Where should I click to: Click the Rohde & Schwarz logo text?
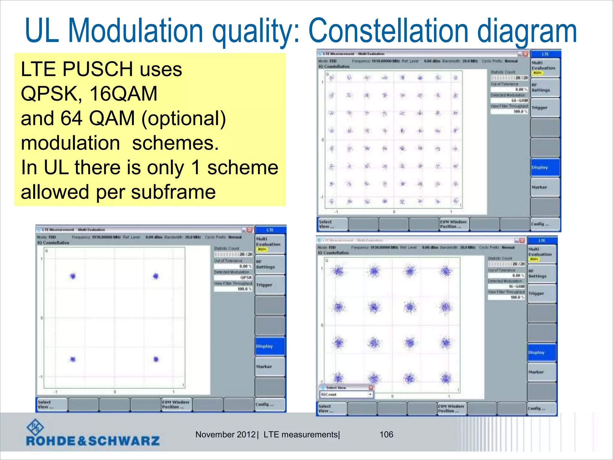point(93,441)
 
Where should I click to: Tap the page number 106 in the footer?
point(386,435)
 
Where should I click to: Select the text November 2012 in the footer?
point(225,435)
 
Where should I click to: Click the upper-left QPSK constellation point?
point(73,276)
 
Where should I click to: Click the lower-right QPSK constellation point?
point(156,359)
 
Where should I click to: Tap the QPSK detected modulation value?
point(246,278)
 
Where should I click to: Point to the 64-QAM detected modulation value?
point(519,100)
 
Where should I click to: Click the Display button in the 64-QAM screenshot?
point(545,167)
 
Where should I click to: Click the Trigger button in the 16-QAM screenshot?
point(541,293)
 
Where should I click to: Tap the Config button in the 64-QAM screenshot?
point(545,224)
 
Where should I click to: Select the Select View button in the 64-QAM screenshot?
point(332,224)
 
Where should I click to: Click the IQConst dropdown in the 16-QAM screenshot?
point(347,394)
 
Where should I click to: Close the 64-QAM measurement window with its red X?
point(525,54)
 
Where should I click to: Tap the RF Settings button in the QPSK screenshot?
point(269,264)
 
